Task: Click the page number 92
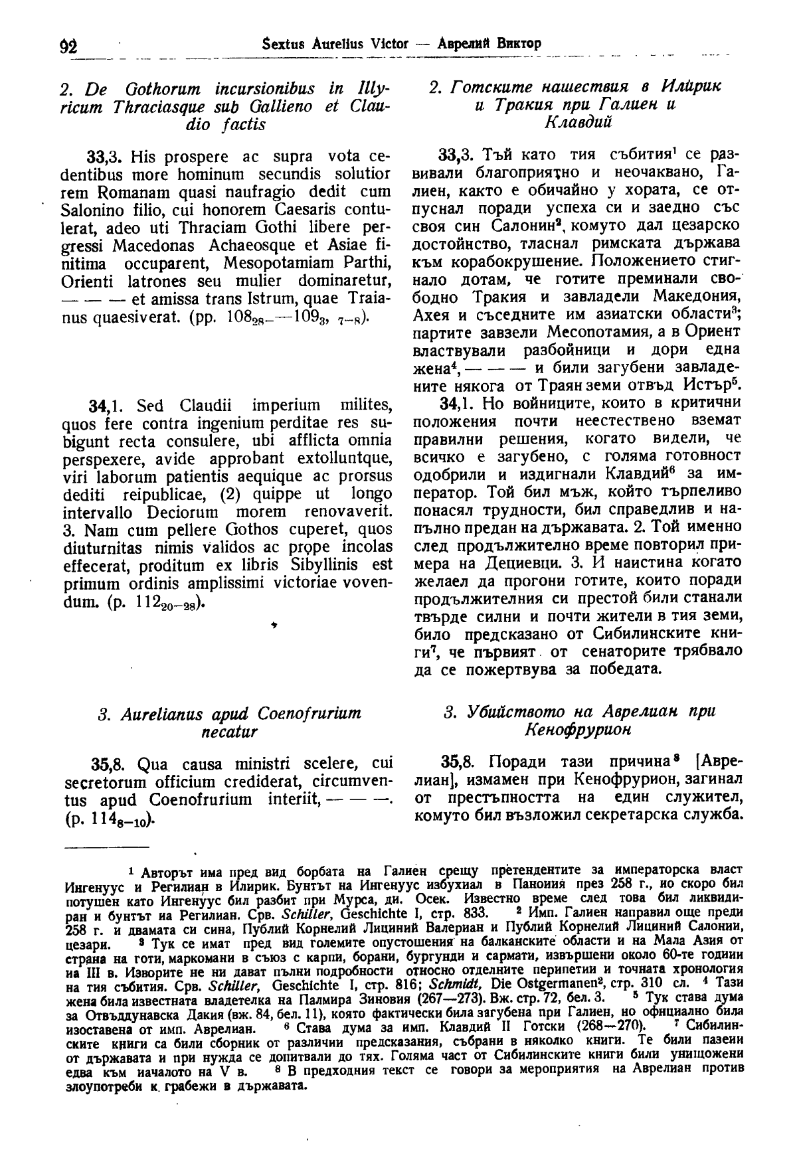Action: (x=68, y=45)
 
